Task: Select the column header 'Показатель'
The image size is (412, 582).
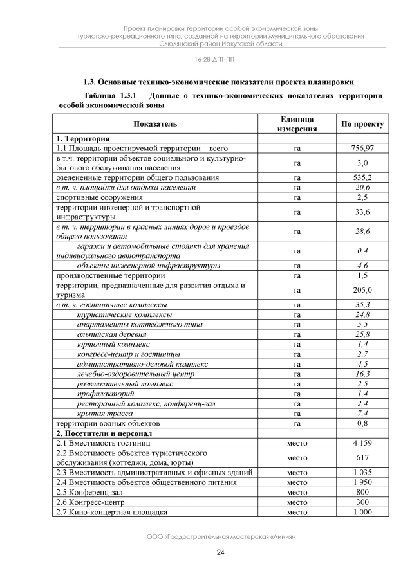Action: click(155, 123)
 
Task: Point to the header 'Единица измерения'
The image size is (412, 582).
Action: click(297, 123)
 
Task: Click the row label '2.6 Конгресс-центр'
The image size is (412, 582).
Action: click(89, 502)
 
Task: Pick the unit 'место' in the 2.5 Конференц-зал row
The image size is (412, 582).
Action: click(297, 492)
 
